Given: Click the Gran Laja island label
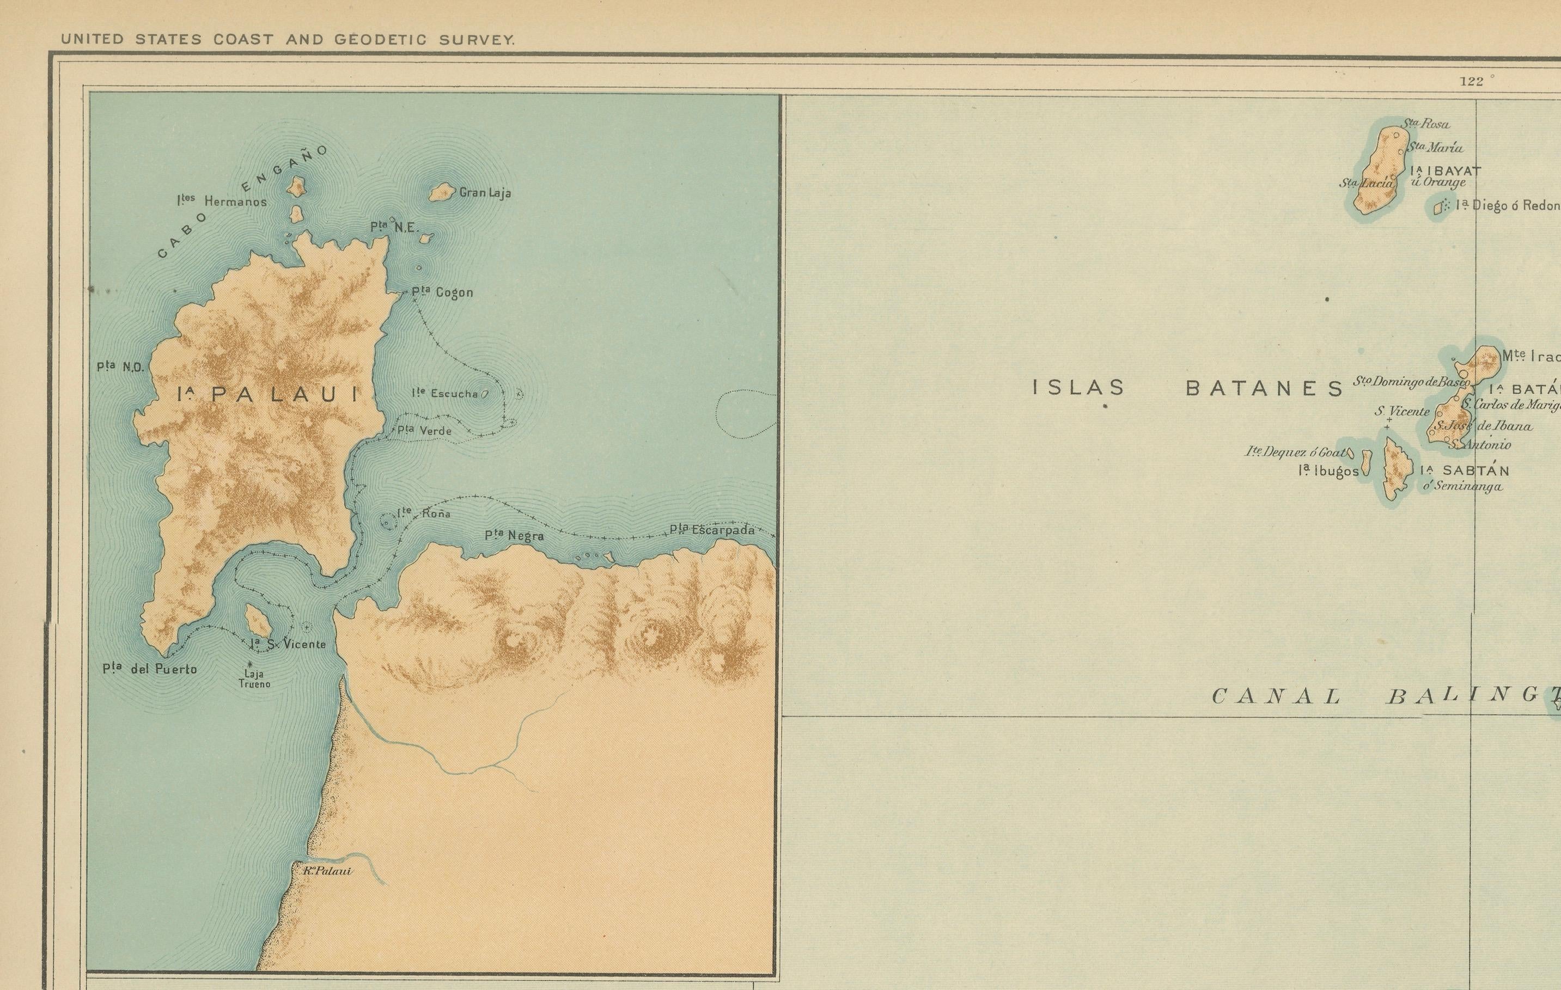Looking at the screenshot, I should point(485,193).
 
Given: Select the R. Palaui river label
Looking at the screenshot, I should point(327,871).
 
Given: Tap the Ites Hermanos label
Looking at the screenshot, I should point(222,201).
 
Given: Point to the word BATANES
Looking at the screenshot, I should point(1264,388).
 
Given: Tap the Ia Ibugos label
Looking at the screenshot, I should point(1328,472).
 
